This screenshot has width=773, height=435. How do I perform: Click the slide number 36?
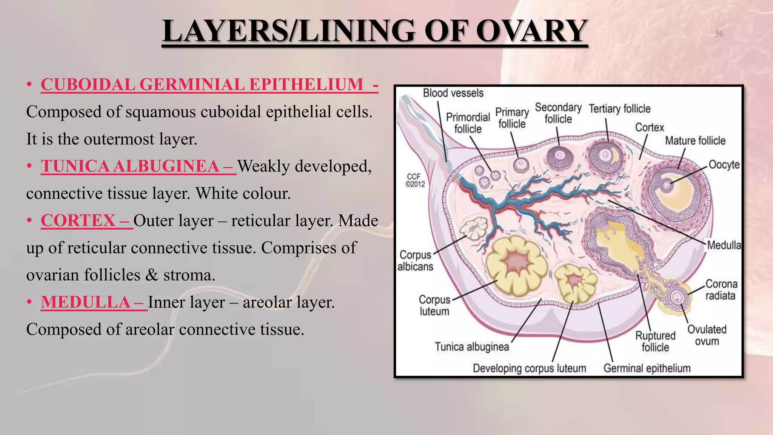pyautogui.click(x=719, y=34)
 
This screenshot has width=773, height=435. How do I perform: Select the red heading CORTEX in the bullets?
pyautogui.click(x=78, y=221)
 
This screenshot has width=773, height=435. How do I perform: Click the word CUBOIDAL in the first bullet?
pyautogui.click(x=88, y=85)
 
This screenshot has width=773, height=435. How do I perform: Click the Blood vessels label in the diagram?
pyautogui.click(x=453, y=93)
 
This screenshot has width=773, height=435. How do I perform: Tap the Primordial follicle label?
pyautogui.click(x=468, y=123)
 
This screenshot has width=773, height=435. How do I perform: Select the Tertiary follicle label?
pyautogui.click(x=619, y=109)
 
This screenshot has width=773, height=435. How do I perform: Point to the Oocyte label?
pyautogui.click(x=724, y=165)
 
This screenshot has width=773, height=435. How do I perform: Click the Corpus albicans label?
pyautogui.click(x=415, y=261)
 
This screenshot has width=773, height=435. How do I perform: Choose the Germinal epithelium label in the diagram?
pyautogui.click(x=647, y=368)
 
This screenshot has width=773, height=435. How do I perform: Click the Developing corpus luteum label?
pyautogui.click(x=529, y=368)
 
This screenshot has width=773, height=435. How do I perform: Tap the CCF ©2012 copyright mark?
pyautogui.click(x=415, y=180)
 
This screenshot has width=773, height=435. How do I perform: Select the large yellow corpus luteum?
pyautogui.click(x=516, y=265)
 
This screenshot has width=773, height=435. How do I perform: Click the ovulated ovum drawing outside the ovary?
pyautogui.click(x=677, y=297)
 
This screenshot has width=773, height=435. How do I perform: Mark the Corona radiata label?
pyautogui.click(x=721, y=290)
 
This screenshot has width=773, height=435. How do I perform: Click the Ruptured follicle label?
pyautogui.click(x=655, y=341)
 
